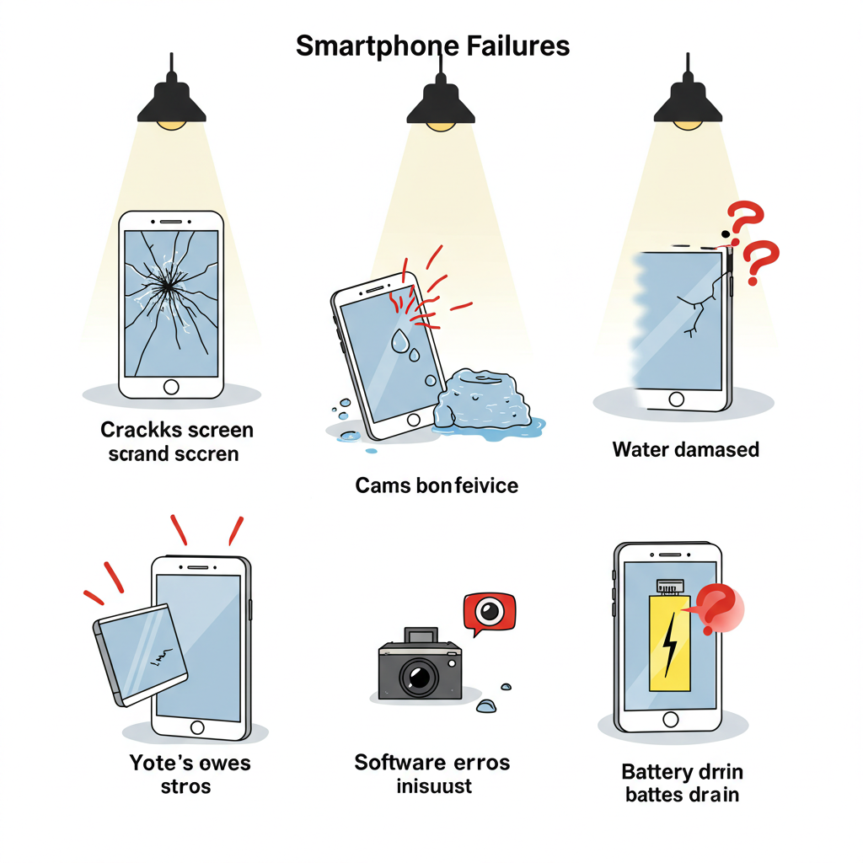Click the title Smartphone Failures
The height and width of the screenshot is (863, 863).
point(432,46)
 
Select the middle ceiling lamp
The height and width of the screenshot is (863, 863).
point(439,105)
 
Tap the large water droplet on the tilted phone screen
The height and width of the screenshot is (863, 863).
point(400,340)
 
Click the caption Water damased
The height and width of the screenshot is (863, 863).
point(685,449)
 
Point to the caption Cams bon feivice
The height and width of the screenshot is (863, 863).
point(437,485)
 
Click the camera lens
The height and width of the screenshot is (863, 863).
point(417,674)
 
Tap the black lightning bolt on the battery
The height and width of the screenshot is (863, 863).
point(669,645)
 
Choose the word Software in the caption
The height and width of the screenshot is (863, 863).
point(399,763)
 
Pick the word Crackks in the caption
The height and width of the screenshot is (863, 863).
point(138,430)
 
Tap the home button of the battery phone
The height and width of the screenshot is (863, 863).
point(671,719)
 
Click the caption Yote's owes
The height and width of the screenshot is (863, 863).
point(190,764)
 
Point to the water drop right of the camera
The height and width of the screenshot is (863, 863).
point(486,705)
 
